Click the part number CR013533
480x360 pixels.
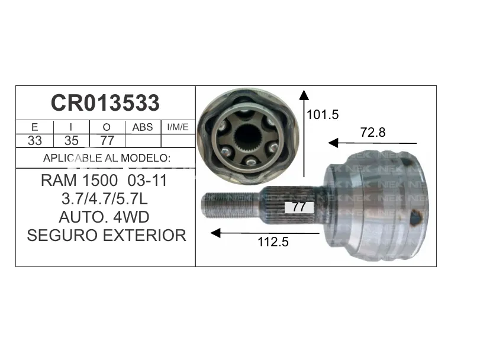point(105,103)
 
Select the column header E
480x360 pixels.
point(34,127)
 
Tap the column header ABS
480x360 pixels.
point(143,127)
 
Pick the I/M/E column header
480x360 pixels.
point(178,127)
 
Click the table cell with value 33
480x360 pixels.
point(34,140)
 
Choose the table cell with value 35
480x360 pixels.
point(72,140)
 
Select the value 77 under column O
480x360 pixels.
point(107,140)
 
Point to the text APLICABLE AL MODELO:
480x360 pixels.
point(107,158)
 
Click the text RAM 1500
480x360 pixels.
point(79,181)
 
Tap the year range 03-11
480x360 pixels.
point(147,181)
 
